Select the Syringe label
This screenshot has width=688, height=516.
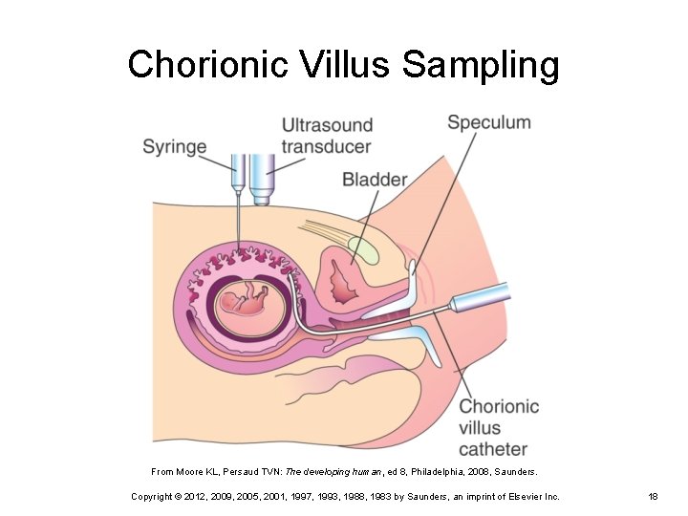[x=175, y=147]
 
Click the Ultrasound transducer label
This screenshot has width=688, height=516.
[x=326, y=136]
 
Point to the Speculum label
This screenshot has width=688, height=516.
[x=488, y=122]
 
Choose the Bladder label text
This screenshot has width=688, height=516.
[x=375, y=180]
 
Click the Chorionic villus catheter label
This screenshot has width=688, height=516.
[x=499, y=427]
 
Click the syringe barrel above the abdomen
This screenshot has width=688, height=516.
[x=235, y=172]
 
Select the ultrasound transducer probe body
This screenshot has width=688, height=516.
[x=262, y=177]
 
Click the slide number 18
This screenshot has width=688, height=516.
[x=654, y=497]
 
